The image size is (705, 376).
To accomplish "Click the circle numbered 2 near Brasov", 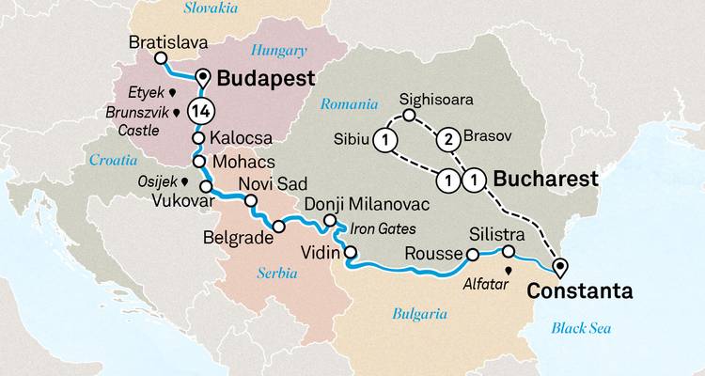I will coord(448,138).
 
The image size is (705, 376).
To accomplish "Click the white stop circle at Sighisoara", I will coord(409,117).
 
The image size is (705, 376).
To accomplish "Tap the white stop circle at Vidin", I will coord(350,251).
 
